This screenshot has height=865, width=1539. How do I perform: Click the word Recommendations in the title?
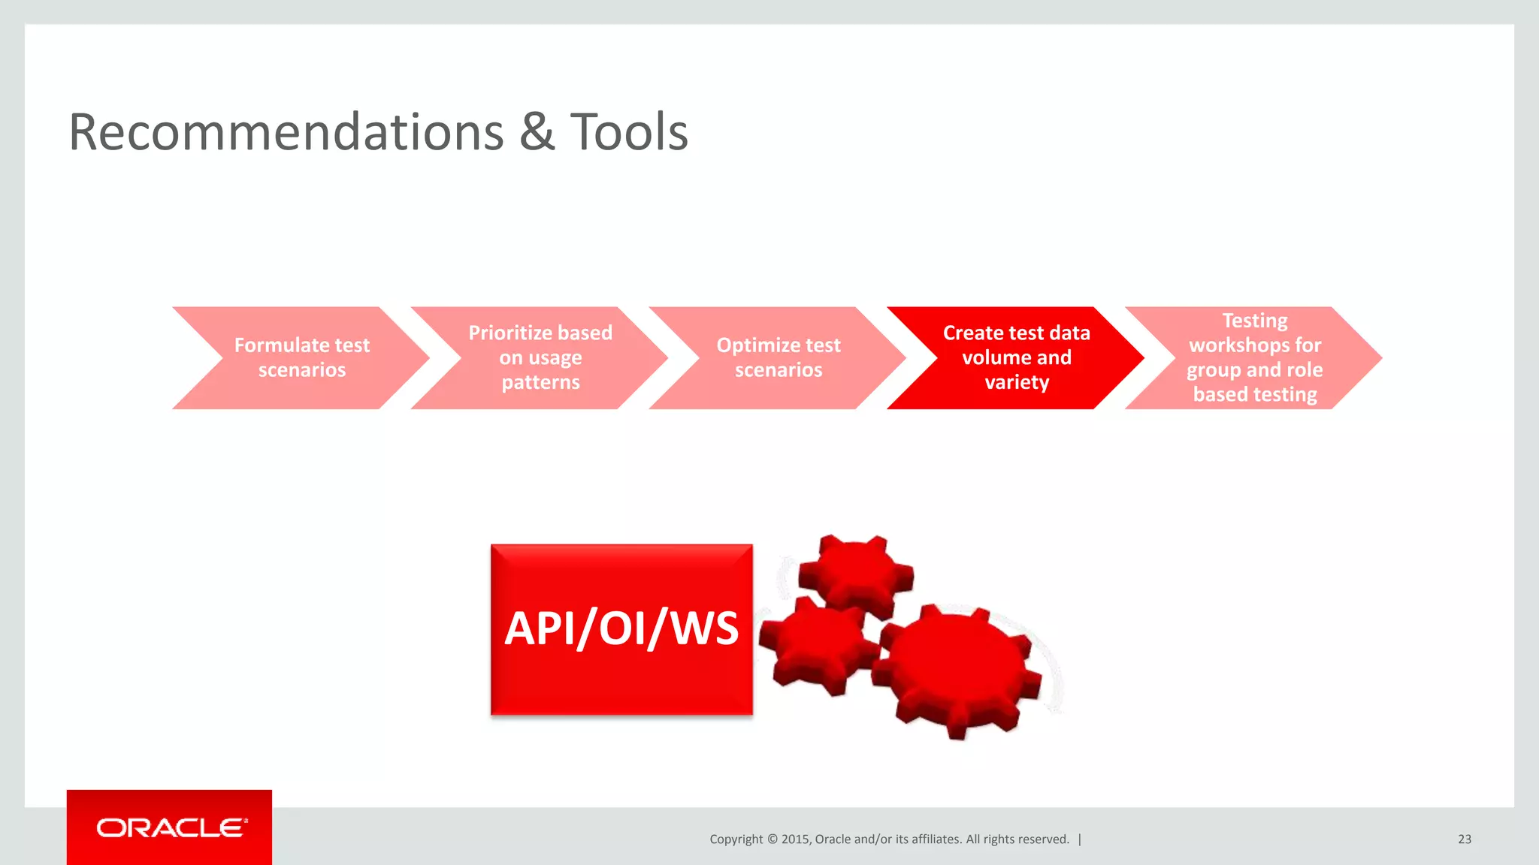click(286, 133)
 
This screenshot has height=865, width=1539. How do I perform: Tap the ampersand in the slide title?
click(537, 133)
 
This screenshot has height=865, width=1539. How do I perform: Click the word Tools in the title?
click(629, 133)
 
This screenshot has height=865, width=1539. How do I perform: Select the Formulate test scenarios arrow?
click(301, 358)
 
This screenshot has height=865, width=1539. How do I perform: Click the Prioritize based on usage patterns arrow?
click(540, 358)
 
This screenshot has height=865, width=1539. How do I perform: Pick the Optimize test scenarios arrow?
click(778, 358)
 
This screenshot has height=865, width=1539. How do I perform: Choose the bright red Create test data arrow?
click(1016, 358)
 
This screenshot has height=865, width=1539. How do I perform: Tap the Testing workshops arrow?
click(1254, 358)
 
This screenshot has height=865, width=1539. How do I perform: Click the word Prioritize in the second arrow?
click(511, 333)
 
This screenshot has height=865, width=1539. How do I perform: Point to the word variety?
click(1017, 383)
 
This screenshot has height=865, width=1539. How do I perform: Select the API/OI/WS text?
click(621, 628)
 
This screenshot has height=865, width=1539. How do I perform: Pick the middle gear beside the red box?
click(815, 644)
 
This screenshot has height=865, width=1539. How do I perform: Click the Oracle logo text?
click(171, 828)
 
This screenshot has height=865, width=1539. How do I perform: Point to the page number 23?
click(1464, 839)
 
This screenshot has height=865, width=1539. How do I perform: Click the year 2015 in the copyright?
click(795, 839)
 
